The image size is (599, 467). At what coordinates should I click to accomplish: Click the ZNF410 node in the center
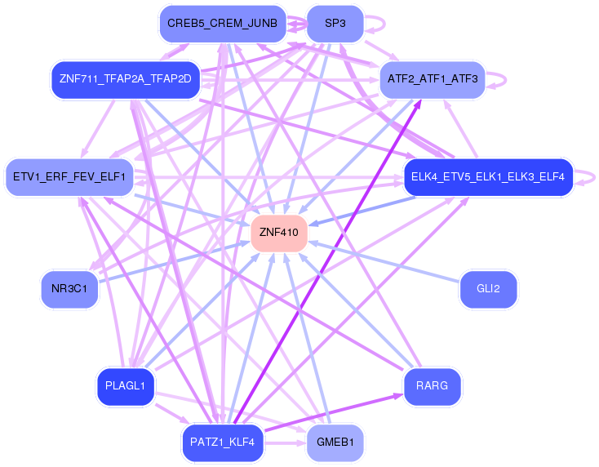pos(279,233)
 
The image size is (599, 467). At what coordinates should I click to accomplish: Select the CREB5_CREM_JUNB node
pos(222,24)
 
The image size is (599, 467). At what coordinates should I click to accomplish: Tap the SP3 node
pos(335,24)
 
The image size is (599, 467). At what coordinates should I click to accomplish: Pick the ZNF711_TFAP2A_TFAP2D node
pos(125,79)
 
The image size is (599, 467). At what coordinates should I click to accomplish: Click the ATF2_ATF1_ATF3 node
pos(433,79)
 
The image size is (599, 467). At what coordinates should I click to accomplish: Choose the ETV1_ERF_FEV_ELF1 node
pos(69,177)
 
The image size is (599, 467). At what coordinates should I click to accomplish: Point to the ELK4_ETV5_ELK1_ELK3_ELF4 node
pos(488,177)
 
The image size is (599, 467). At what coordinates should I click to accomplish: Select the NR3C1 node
pos(69,289)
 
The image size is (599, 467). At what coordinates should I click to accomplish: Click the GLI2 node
pos(488,289)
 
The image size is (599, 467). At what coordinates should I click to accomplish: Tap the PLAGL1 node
pos(125,386)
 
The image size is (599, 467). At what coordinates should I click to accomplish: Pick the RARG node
pos(432,386)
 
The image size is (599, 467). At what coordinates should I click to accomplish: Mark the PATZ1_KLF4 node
pos(222,443)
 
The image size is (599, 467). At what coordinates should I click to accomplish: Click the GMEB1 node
pos(335,443)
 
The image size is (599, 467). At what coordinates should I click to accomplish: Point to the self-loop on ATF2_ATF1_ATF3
pos(503,79)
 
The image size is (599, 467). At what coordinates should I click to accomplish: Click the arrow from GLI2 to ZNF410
pos(384,261)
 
